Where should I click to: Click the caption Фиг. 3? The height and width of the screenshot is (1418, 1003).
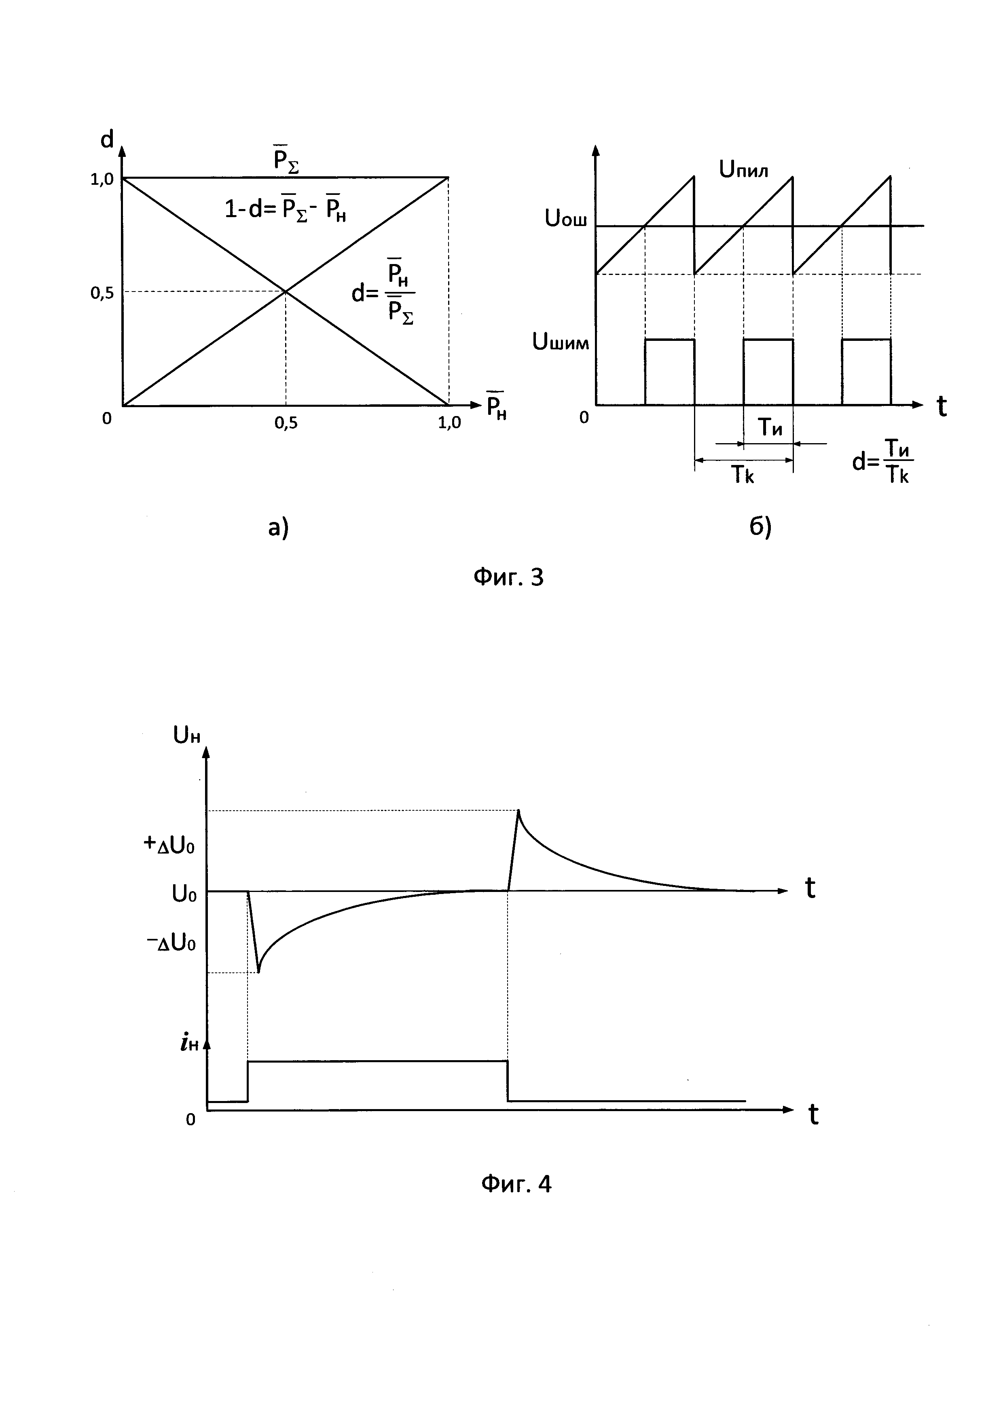click(508, 577)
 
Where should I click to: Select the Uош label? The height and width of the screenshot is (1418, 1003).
click(566, 219)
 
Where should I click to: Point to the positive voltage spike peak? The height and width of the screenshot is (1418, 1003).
click(518, 810)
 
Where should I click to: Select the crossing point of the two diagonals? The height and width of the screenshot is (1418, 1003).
click(286, 292)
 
